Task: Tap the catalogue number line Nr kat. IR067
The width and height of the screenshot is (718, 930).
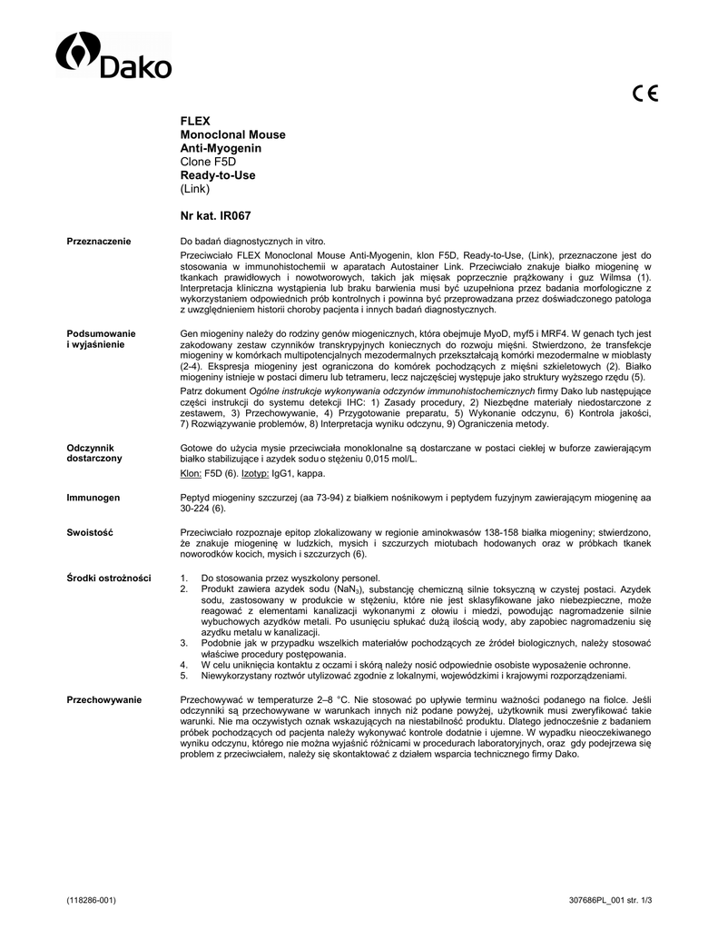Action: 216,216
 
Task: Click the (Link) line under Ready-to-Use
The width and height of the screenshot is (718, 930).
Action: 195,189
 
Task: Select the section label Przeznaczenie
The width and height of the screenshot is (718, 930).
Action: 99,241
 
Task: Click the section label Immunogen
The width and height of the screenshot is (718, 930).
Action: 92,498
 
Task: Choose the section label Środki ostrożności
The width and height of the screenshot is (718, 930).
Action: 109,579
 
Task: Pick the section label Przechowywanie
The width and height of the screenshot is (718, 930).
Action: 104,698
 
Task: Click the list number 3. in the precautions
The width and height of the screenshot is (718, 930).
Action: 184,642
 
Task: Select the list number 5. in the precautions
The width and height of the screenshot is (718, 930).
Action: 184,676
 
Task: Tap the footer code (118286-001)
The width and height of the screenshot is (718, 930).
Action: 91,900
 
